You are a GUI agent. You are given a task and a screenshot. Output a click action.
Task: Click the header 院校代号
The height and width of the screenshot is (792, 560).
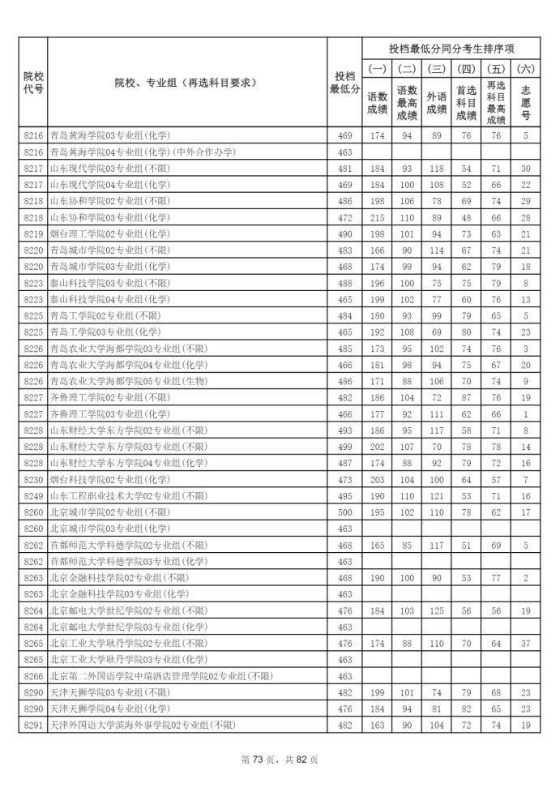coord(32,81)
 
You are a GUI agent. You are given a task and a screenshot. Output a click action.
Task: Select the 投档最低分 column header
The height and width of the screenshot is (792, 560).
coord(344,81)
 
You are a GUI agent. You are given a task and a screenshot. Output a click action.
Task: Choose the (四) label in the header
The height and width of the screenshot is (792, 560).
coord(466,69)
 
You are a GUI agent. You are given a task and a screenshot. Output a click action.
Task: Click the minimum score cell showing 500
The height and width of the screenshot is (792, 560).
coord(344,512)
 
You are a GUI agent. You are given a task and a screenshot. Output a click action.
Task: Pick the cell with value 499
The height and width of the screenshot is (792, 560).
coord(344,447)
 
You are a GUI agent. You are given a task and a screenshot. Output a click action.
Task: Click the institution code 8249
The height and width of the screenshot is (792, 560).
coord(32,495)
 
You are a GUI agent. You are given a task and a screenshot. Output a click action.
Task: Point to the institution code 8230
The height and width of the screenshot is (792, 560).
coord(32,479)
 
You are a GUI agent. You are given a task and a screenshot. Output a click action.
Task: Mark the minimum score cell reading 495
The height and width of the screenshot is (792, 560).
coord(344,495)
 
